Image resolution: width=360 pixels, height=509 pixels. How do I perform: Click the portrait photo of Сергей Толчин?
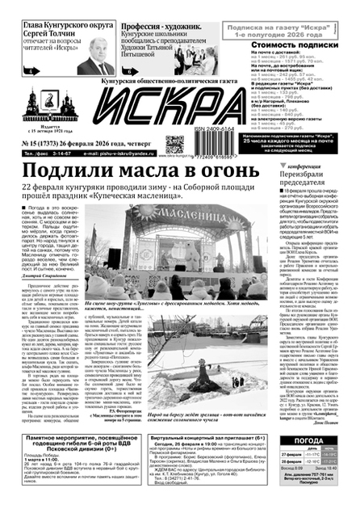(94, 57)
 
